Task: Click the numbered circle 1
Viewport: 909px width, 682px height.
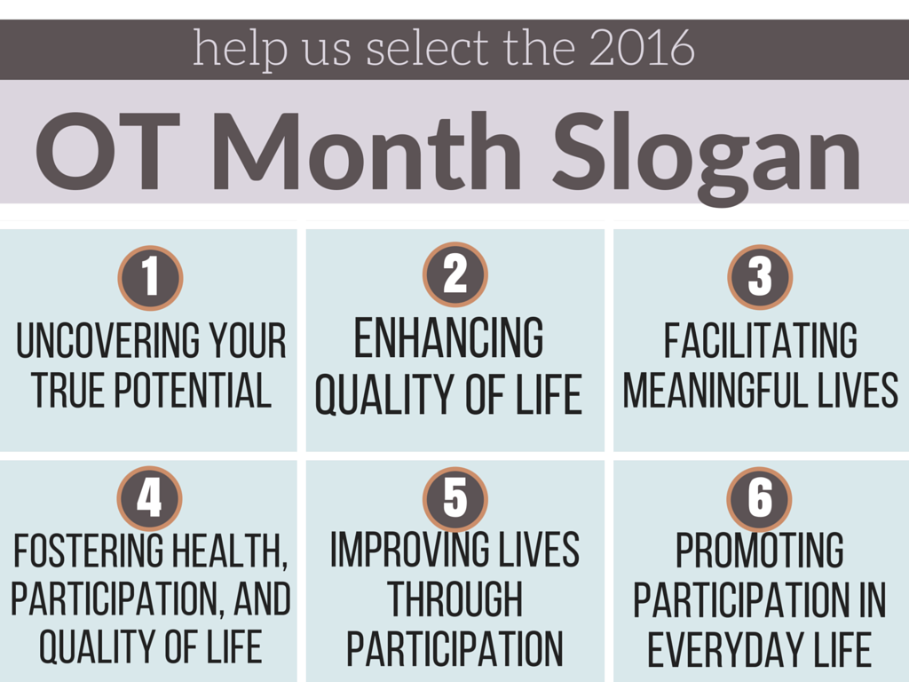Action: click(150, 277)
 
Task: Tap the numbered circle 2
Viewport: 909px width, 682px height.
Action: click(455, 274)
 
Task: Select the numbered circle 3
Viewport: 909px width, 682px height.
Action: click(760, 276)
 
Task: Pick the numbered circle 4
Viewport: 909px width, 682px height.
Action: click(149, 498)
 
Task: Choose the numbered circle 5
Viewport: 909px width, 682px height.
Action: click(455, 498)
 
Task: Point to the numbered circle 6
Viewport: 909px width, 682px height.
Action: click(760, 498)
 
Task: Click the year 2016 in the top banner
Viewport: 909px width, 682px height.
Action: click(643, 48)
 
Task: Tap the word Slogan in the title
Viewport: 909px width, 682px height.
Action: click(707, 156)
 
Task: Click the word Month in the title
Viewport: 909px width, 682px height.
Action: click(367, 151)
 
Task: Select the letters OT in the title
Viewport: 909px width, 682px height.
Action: click(107, 151)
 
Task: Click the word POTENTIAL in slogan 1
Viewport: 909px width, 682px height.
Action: click(192, 391)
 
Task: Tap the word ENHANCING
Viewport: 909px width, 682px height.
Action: click(448, 337)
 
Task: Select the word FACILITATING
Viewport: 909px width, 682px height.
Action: click(760, 341)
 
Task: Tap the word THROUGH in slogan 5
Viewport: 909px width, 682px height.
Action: click(454, 599)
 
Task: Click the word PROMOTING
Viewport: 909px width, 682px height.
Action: click(760, 550)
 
